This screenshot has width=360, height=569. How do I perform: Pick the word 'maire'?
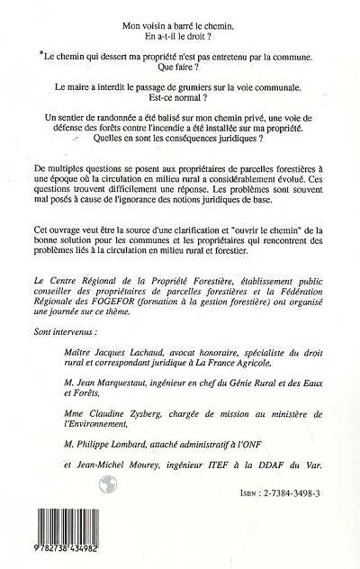(104, 90)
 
